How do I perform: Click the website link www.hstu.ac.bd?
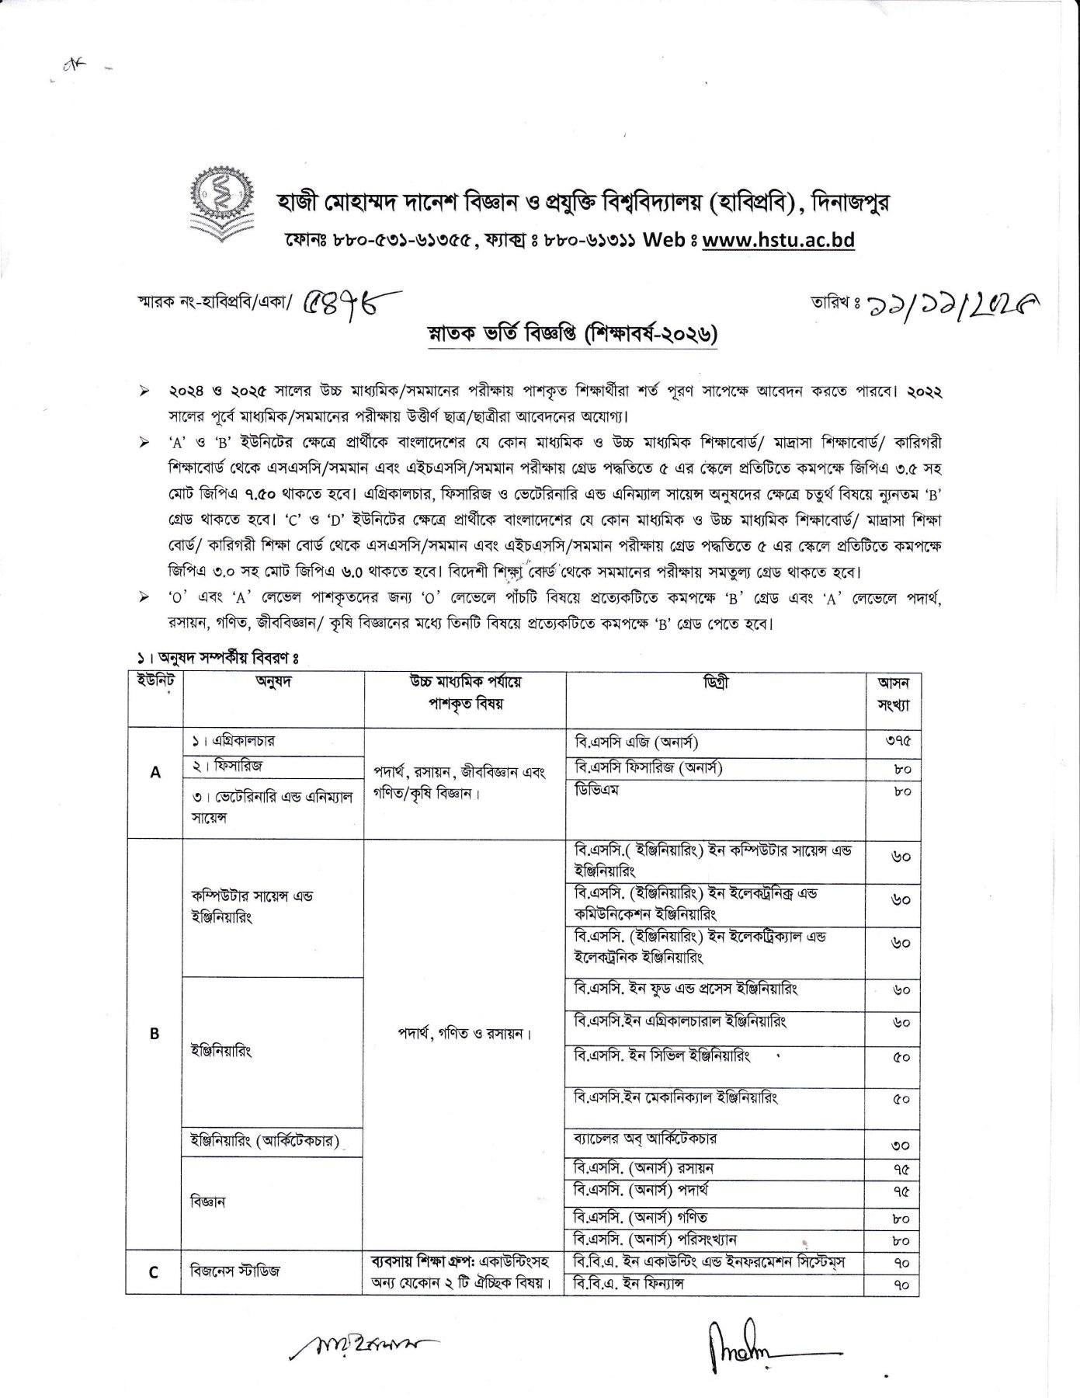coord(778,240)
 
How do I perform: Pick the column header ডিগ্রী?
coord(716,683)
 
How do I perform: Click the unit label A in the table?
coord(155,772)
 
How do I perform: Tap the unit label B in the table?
coord(155,1034)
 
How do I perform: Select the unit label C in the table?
coord(154,1272)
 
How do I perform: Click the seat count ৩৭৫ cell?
coord(898,742)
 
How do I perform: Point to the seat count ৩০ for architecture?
coord(901,1146)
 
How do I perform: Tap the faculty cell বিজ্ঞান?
coord(208,1202)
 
